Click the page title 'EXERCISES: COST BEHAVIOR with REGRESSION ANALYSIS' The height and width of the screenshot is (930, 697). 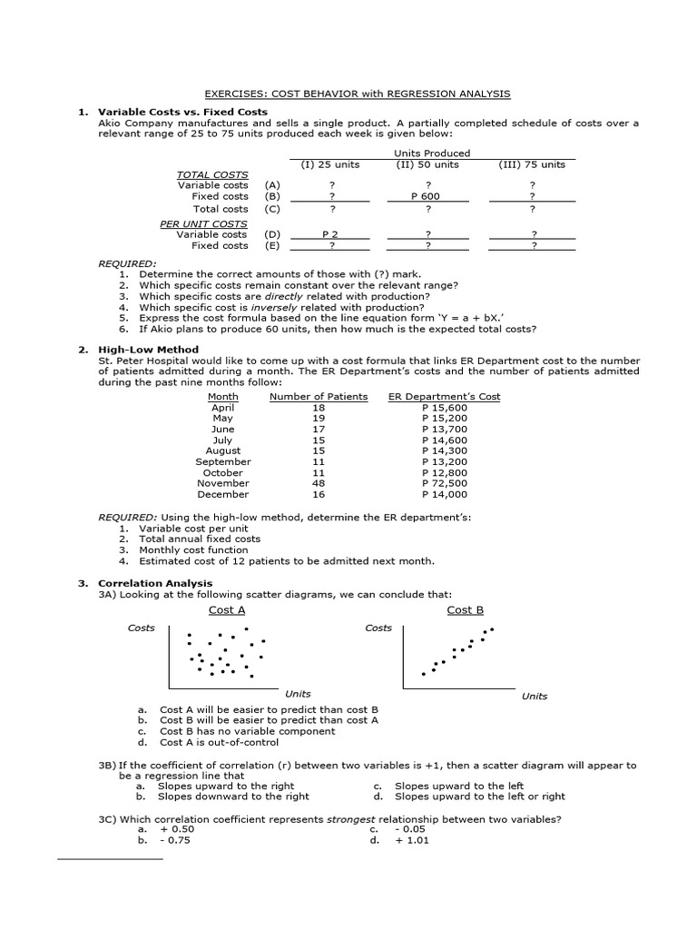tap(357, 94)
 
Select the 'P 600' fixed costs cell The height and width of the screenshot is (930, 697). tap(425, 196)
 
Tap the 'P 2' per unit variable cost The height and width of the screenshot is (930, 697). tap(329, 234)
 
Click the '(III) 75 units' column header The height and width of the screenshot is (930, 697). tap(532, 164)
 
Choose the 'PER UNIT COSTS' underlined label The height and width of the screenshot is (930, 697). tap(203, 223)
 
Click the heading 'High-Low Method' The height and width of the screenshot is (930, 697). tap(148, 349)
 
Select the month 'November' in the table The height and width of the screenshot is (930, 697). tap(222, 483)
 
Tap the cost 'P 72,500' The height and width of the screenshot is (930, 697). tap(445, 483)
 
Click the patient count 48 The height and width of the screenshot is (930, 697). tap(319, 483)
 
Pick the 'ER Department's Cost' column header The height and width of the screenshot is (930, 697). tap(444, 397)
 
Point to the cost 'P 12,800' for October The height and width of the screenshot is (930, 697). tap(445, 472)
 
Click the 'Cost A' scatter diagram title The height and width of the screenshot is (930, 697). tap(227, 610)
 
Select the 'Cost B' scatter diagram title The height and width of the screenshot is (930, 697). tap(465, 610)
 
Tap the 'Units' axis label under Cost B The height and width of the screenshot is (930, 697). tap(535, 696)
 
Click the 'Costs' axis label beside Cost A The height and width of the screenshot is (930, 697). tap(141, 628)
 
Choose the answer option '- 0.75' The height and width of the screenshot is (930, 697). tap(175, 840)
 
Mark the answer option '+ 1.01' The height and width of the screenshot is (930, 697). tap(411, 840)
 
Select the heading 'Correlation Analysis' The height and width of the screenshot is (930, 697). tap(155, 583)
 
